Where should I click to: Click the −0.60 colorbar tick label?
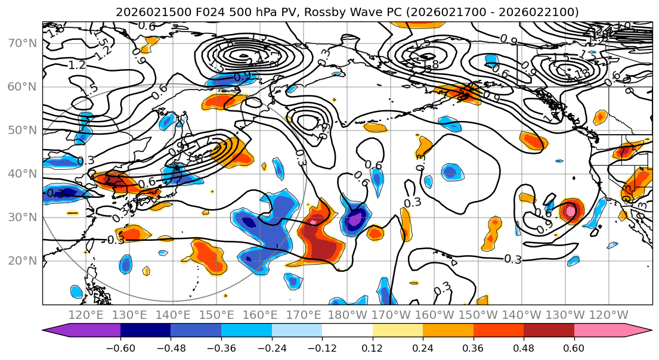click(120, 347)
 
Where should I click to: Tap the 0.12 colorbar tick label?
click(373, 347)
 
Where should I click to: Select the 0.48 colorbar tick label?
click(524, 347)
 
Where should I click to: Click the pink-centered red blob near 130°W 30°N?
click(570, 210)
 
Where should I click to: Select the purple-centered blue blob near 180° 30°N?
click(356, 220)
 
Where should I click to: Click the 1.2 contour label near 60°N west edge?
click(77, 65)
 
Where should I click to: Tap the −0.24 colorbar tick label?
click(271, 347)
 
